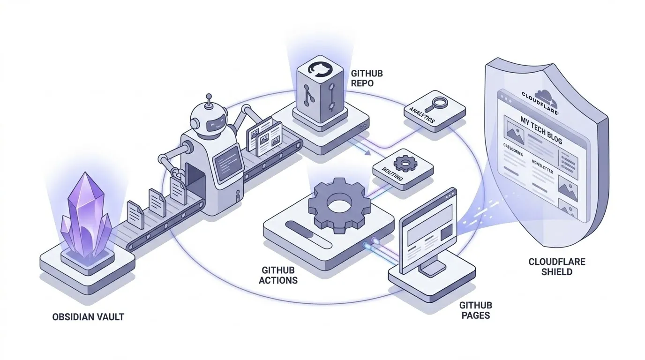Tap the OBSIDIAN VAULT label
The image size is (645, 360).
point(88,317)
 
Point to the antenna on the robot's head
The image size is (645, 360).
point(209,98)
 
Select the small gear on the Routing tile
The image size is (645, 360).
point(403,164)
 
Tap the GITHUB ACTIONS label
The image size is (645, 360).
point(278,275)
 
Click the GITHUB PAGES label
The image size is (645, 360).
point(475,310)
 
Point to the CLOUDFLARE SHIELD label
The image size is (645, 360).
point(556,267)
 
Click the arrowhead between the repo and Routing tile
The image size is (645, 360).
point(368,152)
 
